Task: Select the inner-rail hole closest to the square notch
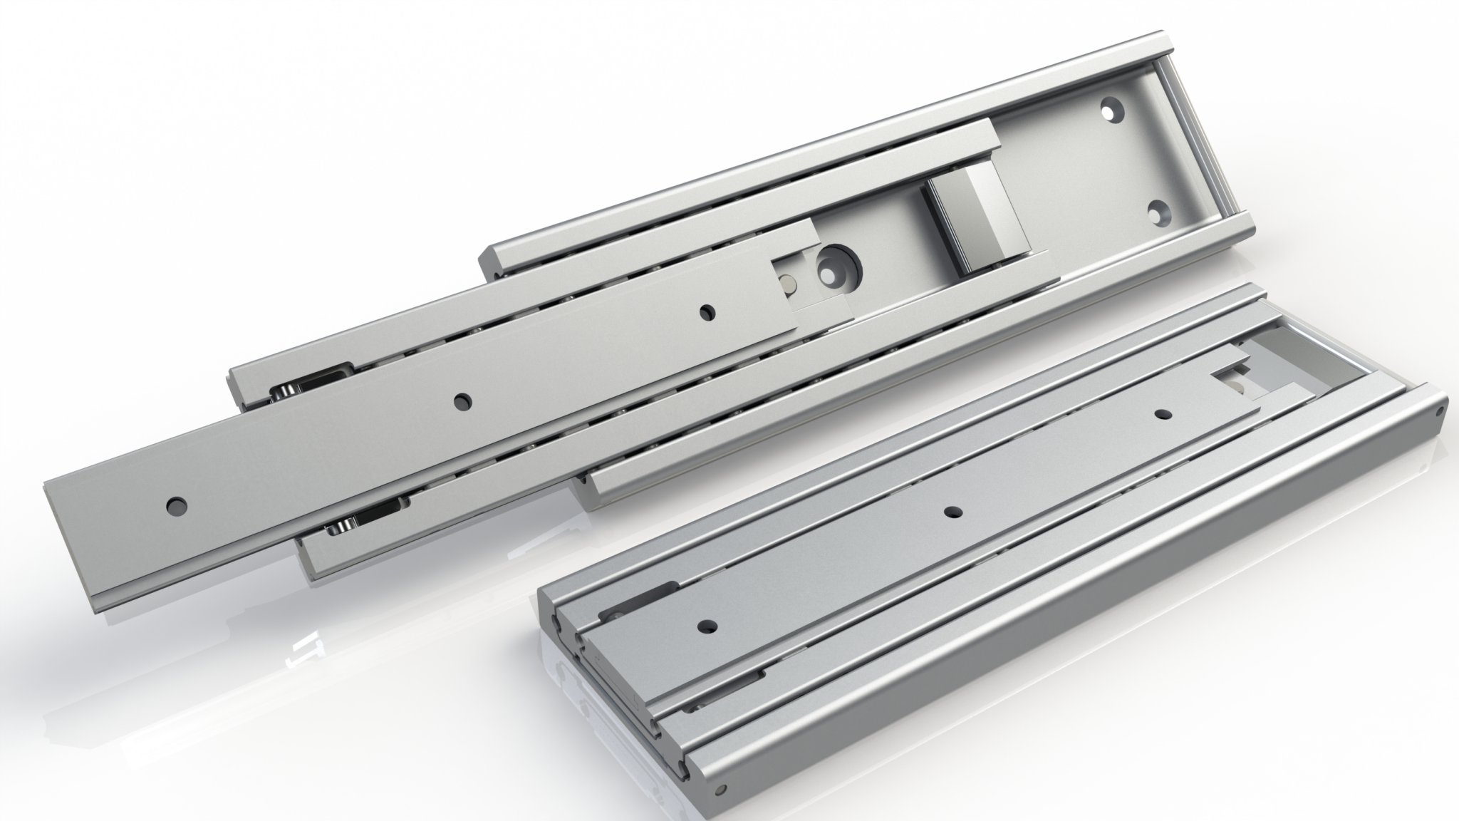point(707,311)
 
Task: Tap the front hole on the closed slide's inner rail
point(706,627)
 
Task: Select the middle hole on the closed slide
point(952,512)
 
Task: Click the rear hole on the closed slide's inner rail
point(1164,414)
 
